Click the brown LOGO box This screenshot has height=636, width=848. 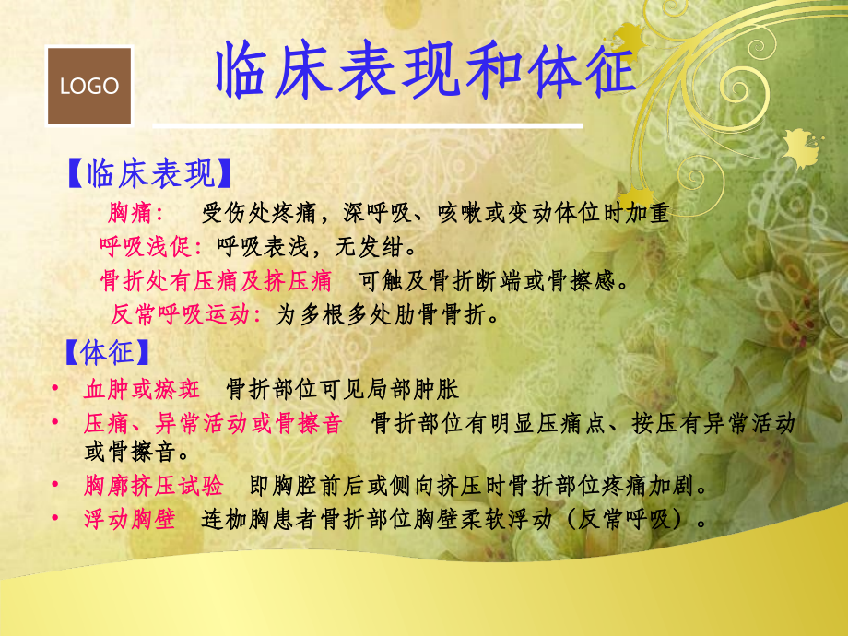[x=89, y=87]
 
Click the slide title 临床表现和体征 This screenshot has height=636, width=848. [x=425, y=73]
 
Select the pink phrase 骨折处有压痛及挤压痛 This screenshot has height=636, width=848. [x=216, y=280]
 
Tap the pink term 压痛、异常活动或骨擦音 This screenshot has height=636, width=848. [x=213, y=424]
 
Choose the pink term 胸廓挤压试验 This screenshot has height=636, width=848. [x=154, y=486]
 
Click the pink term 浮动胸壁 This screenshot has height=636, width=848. [x=129, y=519]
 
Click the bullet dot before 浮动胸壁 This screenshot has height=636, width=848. [x=57, y=519]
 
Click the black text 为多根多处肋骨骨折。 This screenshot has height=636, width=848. [x=388, y=314]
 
